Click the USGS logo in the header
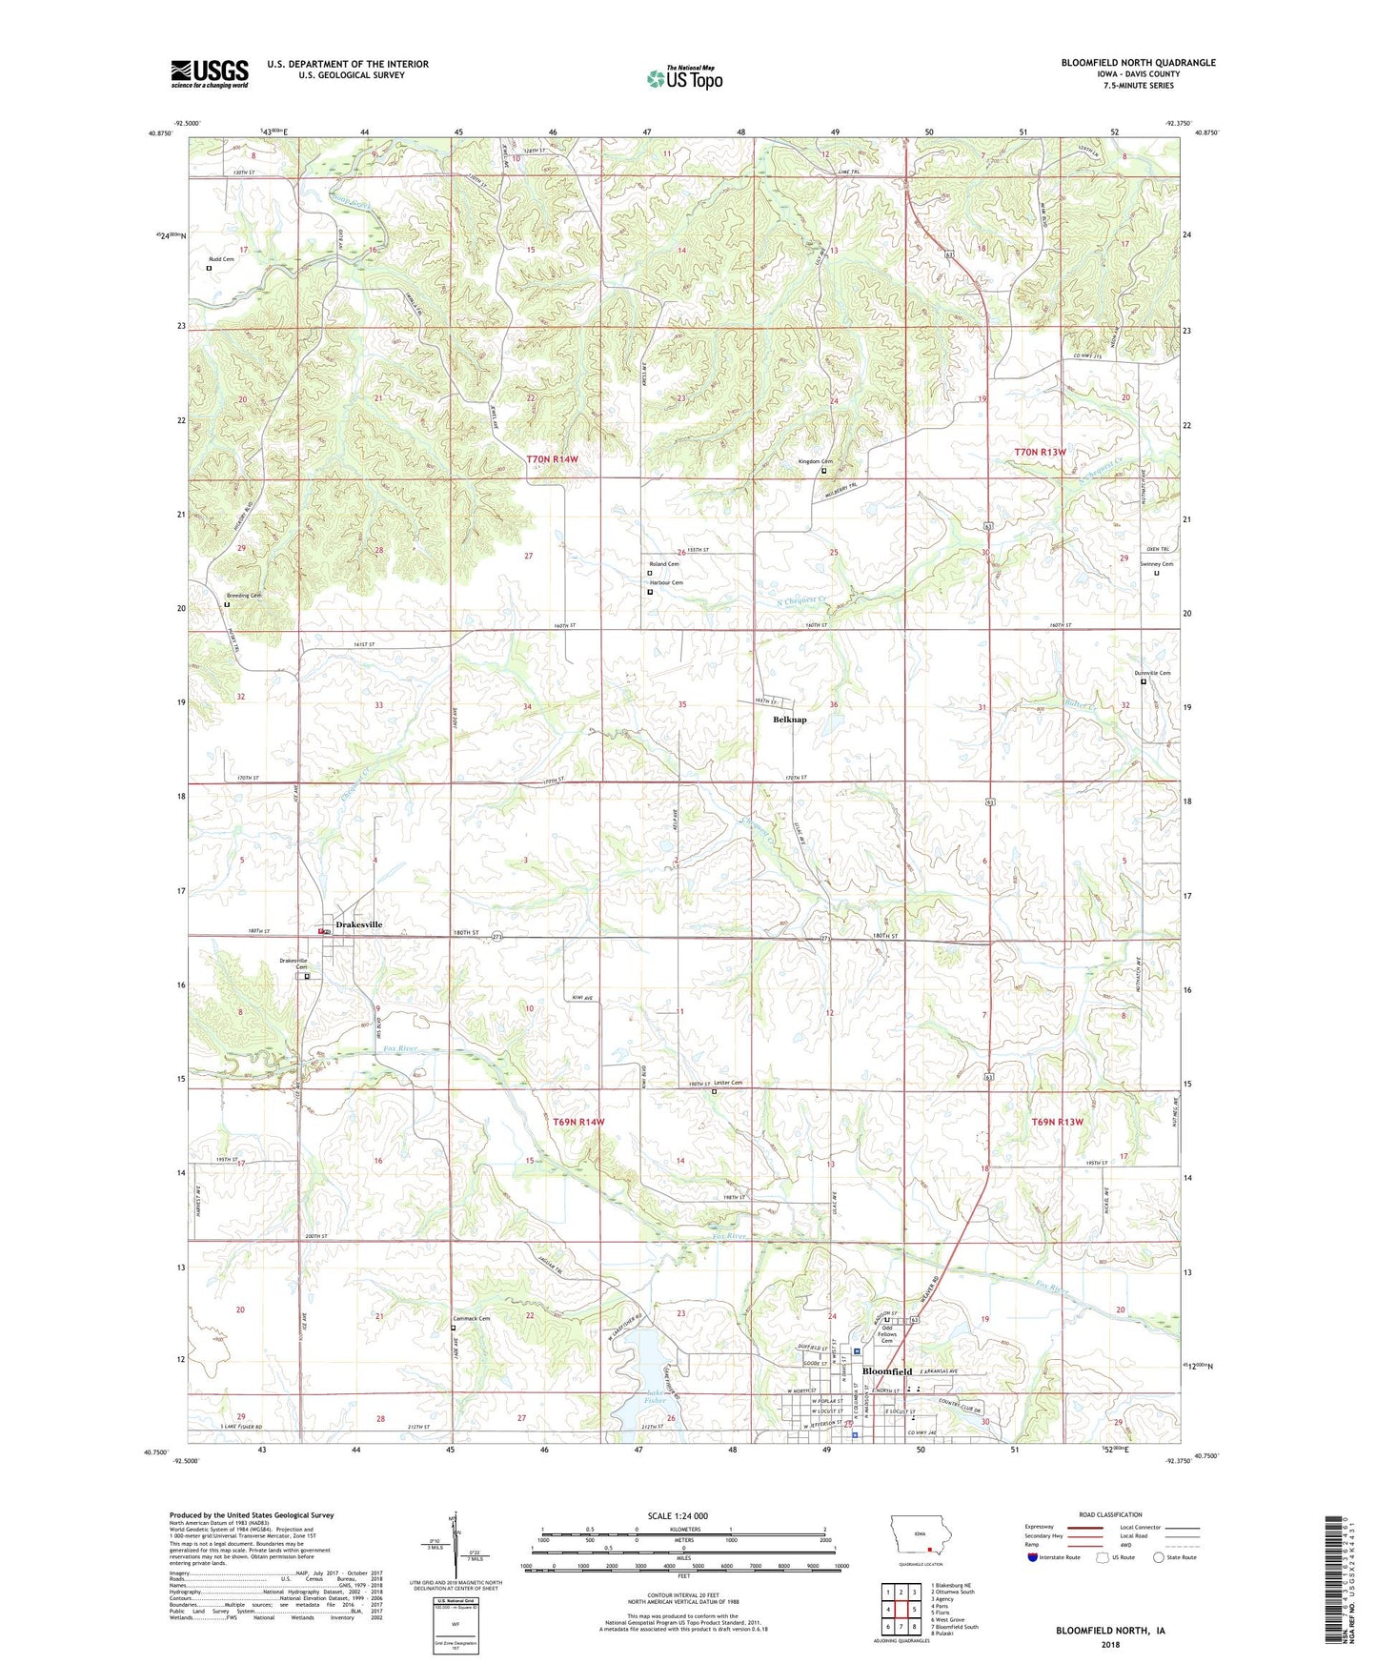(210, 72)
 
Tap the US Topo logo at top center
(684, 78)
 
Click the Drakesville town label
(358, 924)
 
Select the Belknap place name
(789, 720)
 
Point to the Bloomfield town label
(886, 1371)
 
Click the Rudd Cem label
(220, 259)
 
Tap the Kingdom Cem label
(815, 462)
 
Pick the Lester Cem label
(728, 1083)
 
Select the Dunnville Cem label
(1152, 673)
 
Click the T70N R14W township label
(553, 459)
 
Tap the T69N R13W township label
(1058, 1122)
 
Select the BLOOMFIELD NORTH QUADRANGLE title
(1138, 63)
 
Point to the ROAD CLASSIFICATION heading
(1110, 1514)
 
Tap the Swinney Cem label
(1157, 564)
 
